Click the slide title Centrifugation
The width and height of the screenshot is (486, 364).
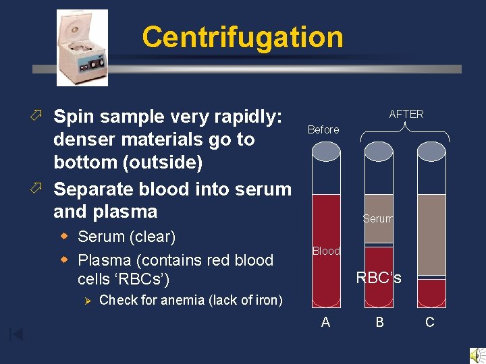pos(242,37)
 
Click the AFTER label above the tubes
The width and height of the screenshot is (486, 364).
pos(406,114)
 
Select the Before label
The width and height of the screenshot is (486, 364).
pos(323,129)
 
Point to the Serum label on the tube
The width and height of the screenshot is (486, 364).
pos(378,218)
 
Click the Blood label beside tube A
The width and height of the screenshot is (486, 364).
pos(326,251)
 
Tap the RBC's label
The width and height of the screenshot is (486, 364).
pos(379,277)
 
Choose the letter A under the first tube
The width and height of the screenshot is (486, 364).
pos(325,322)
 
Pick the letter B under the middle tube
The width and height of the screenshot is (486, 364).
pos(379,322)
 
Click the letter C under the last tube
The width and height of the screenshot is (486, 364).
pos(429,322)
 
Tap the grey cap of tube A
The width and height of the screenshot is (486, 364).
pos(325,152)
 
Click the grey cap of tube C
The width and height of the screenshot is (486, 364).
pos(432,152)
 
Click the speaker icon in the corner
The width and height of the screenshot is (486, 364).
pos(477,355)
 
